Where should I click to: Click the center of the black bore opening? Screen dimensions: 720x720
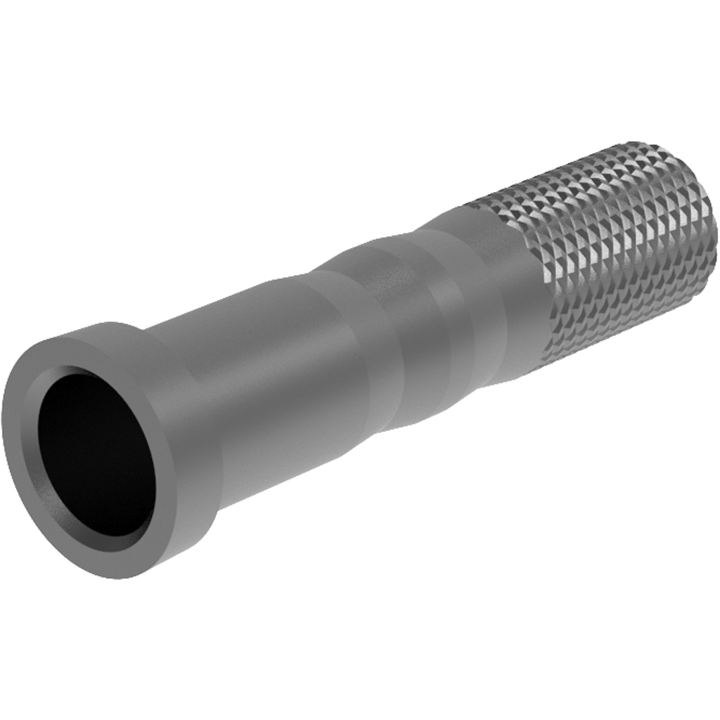(x=96, y=453)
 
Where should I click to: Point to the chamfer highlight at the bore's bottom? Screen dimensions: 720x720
(x=120, y=541)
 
